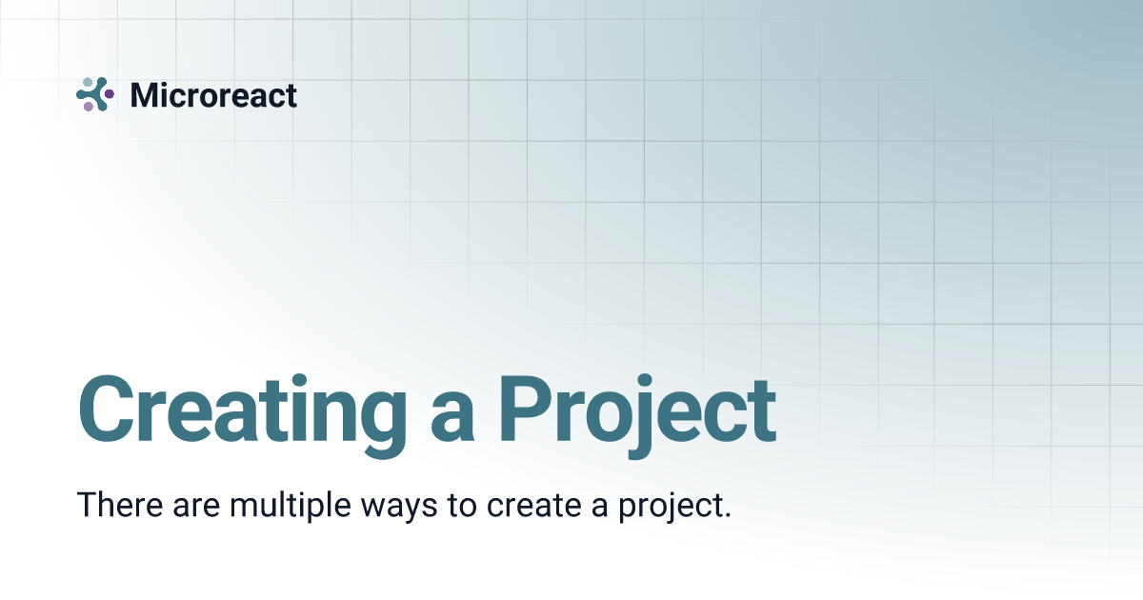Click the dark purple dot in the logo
coord(110,94)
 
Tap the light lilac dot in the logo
coord(89,106)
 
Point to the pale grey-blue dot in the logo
coord(88,82)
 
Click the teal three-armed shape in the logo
coord(95,94)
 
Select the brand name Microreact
coord(213,95)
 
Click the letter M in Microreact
coord(145,95)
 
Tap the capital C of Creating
coord(105,410)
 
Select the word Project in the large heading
coord(638,416)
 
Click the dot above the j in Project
coord(645,380)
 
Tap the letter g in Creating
coord(383,426)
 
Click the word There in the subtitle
coord(120,504)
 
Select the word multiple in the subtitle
coord(291,506)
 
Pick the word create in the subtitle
coord(533,505)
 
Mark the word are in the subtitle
coord(196,507)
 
